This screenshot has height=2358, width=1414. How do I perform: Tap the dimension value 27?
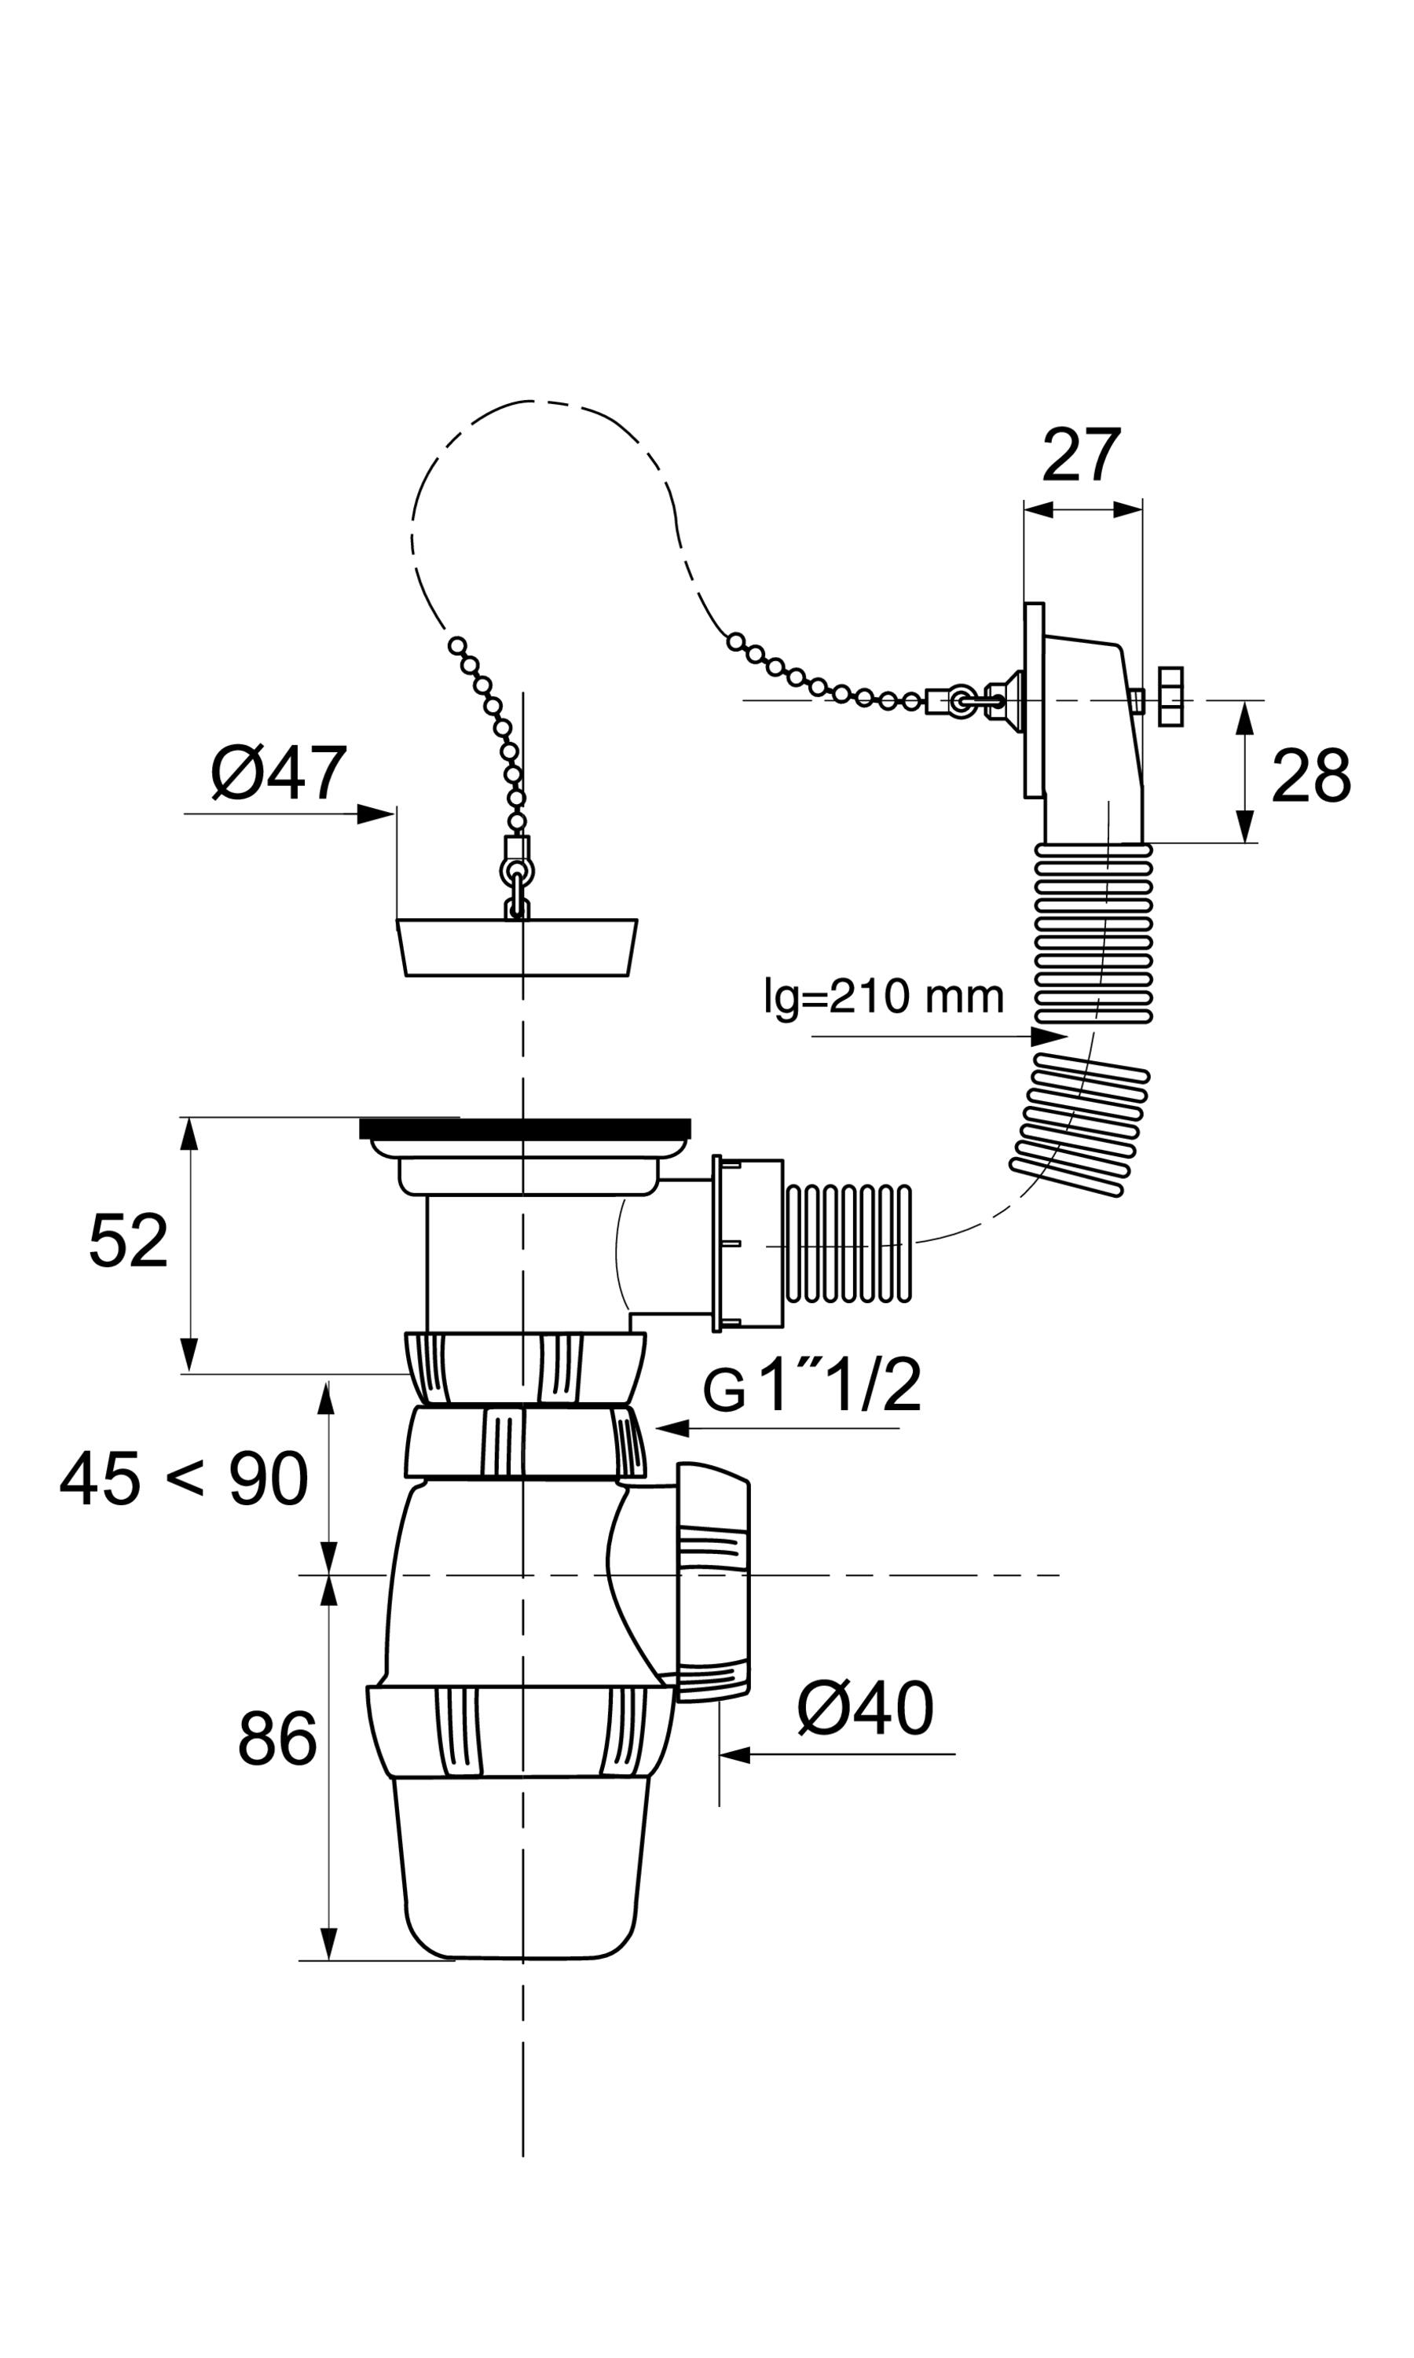tap(1082, 456)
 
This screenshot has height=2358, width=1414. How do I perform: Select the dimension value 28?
tap(1311, 776)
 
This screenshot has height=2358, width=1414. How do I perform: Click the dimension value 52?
tap(128, 1240)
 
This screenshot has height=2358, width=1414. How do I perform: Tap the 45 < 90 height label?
tap(184, 1478)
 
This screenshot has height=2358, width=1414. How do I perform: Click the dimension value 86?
tap(277, 1739)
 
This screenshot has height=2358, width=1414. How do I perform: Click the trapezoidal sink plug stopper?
tap(516, 947)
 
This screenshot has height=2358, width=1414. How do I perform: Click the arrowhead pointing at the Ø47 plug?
tap(375, 814)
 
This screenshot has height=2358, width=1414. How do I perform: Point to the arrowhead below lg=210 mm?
tap(1050, 1036)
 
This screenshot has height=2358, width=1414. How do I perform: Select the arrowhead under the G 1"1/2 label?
tap(672, 1427)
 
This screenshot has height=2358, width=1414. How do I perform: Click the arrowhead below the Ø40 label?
tap(735, 1754)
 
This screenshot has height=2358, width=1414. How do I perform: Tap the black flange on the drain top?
tap(525, 1129)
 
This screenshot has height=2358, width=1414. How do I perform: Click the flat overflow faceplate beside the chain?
tap(1034, 700)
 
